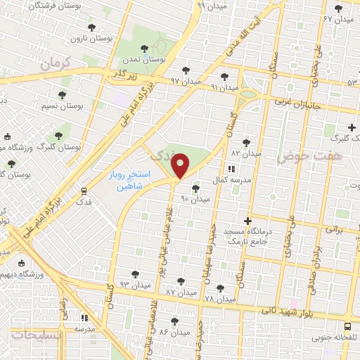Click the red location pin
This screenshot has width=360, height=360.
click(181, 165)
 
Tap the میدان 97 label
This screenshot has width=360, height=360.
click(185, 82)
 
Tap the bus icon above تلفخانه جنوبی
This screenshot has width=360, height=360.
click(347, 326)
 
